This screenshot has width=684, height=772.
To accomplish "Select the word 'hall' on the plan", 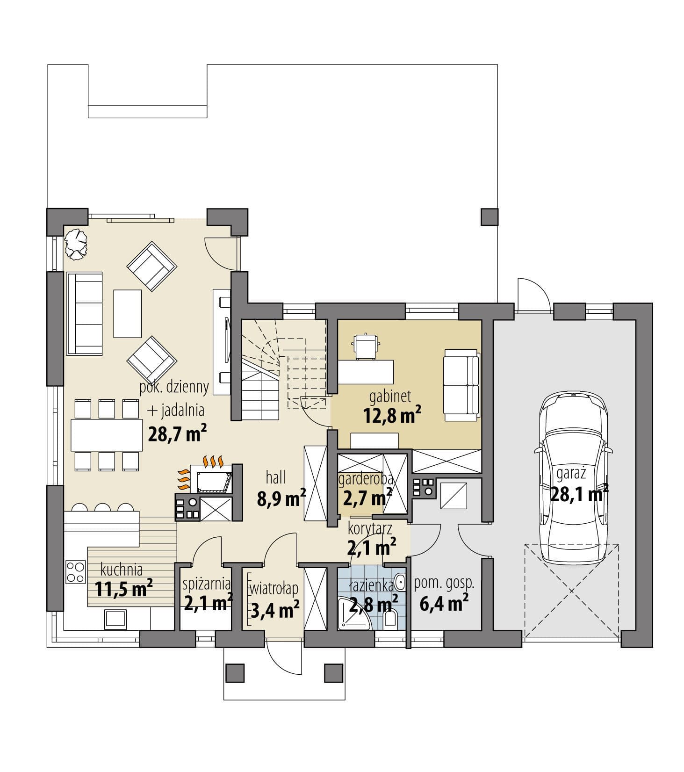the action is point(276,477).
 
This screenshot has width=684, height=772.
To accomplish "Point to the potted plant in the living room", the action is point(76,243).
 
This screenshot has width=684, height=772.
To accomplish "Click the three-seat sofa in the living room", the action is point(85,314).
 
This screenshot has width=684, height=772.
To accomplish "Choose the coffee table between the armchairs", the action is point(127,313).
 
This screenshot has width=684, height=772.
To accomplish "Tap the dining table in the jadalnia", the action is point(107,435).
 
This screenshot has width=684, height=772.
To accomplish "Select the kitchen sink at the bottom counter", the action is point(115,618).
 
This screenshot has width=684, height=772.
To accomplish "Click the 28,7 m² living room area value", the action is point(177,433).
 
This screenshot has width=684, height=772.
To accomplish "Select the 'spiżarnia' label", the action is point(207,584).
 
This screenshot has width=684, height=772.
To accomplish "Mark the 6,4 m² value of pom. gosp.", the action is point(444,603).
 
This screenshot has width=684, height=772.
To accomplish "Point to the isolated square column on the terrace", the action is point(489,216).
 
